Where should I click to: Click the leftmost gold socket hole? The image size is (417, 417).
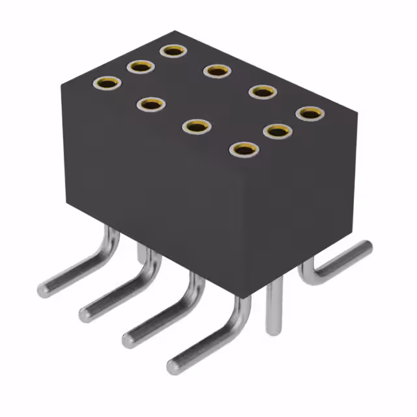click(108, 83)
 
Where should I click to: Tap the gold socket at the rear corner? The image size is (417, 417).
click(173, 50)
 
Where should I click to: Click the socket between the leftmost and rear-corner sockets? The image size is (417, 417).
click(140, 66)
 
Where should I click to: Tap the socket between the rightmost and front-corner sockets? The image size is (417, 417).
click(277, 131)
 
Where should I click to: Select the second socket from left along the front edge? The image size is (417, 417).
click(151, 104)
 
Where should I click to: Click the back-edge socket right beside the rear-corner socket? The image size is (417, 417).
click(216, 70)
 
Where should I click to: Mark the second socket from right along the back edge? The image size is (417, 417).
click(262, 92)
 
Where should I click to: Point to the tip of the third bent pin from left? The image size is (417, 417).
click(129, 339)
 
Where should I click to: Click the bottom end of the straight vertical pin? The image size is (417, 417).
click(274, 330)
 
